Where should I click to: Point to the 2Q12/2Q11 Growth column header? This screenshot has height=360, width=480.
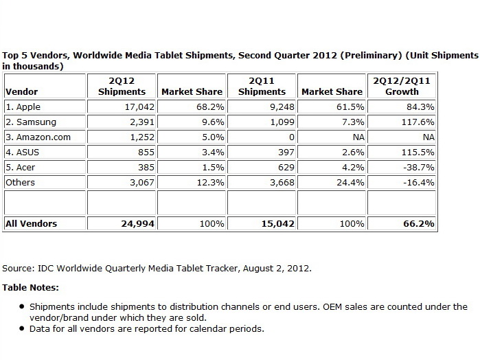coord(402,86)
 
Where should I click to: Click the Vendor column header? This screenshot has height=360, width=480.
coord(21,91)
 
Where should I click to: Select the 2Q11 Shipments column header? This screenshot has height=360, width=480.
coord(262,86)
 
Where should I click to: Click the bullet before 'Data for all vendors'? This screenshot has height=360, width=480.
coord(23,329)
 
